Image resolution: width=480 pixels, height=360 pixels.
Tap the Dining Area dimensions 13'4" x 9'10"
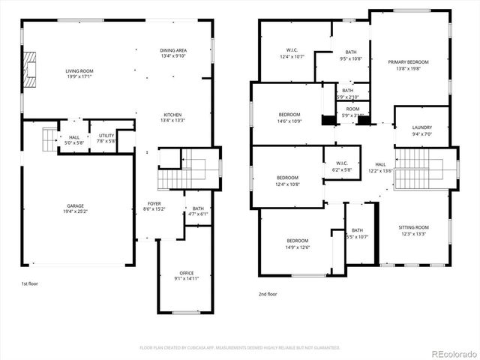172,55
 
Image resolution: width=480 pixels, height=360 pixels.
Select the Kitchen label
172,115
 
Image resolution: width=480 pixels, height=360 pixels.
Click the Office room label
187,273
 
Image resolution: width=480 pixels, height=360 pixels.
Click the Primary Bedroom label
408,62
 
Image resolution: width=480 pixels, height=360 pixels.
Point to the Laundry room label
421,127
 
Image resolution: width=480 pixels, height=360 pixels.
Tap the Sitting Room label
413,226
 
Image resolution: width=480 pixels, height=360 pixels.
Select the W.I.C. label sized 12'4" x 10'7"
292,51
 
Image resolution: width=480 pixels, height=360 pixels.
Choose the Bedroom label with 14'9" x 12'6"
297,241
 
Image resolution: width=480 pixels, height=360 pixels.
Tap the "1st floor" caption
31,283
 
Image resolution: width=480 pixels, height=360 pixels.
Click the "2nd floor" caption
268,294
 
